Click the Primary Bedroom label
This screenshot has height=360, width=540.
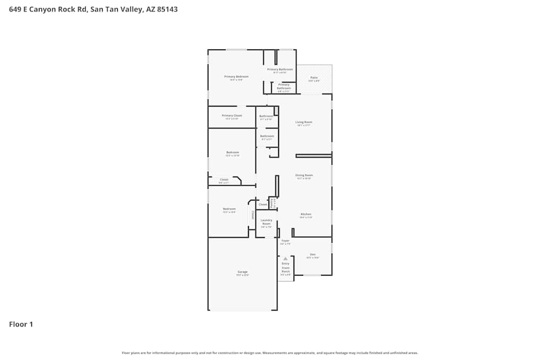236,77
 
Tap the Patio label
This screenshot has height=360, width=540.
314,78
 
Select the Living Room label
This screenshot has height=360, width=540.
303,122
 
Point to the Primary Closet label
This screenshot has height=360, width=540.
232,116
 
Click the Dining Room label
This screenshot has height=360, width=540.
304,175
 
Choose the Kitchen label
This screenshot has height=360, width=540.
306,214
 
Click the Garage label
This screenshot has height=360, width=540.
242,271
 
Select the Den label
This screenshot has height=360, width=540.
313,254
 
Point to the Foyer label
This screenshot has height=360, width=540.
285,241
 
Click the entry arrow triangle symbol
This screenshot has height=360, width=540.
285,259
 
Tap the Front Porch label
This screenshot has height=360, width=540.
286,270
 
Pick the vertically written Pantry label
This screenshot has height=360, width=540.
272,202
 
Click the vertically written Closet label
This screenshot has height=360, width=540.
252,215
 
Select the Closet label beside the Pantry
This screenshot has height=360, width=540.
263,205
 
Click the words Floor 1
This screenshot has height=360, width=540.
21,324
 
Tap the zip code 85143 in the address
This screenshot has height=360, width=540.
167,9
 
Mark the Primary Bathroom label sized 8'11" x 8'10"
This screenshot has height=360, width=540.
280,69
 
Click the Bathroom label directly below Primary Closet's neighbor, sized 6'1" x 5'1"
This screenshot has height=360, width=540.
267,136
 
